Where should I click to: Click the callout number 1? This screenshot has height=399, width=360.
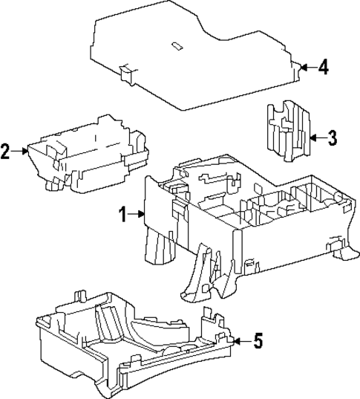[x=124, y=215]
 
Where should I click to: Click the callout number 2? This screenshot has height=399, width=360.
[x=6, y=152]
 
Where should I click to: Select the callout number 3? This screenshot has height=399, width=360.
[x=332, y=137]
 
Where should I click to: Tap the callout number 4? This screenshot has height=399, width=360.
[x=323, y=68]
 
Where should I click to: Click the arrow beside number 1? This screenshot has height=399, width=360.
[x=138, y=215]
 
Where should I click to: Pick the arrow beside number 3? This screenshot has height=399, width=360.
[x=315, y=137]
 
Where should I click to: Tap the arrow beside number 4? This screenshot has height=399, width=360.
[x=307, y=68]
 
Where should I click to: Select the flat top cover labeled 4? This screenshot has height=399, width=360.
[x=193, y=59]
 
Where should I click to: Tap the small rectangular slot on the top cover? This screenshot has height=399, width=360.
[x=177, y=45]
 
